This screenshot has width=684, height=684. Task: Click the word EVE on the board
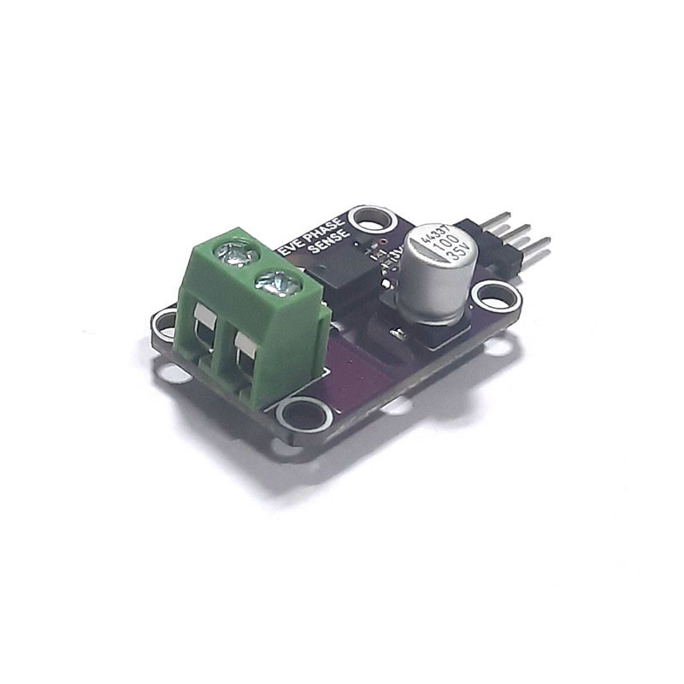click(x=295, y=247)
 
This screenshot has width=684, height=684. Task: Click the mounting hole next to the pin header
click(x=496, y=298)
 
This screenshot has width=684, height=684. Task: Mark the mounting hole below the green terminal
click(x=304, y=416)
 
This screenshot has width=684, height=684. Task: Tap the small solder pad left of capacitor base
click(x=397, y=333)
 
